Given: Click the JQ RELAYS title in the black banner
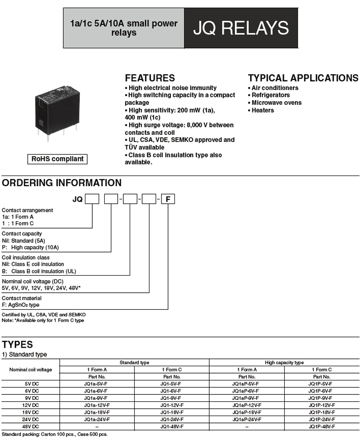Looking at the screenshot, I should click(241, 28).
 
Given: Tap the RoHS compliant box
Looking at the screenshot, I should click(57, 159).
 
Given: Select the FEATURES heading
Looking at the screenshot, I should click(150, 78).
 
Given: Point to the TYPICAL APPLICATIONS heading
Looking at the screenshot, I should click(303, 78).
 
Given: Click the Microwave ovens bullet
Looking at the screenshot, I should click(276, 103).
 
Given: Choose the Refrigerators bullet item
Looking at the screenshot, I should click(270, 95).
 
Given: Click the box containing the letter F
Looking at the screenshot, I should click(168, 199).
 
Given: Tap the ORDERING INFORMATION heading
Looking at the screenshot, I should click(62, 183).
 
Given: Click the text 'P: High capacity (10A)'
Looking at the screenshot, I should click(30, 248).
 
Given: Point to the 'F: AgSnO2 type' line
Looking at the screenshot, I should click(21, 305).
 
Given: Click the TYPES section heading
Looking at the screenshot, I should click(18, 344).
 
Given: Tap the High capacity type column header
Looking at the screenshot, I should click(284, 362).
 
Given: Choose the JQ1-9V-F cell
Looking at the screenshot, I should click(172, 398).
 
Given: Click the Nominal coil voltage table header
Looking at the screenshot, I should click(30, 369).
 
